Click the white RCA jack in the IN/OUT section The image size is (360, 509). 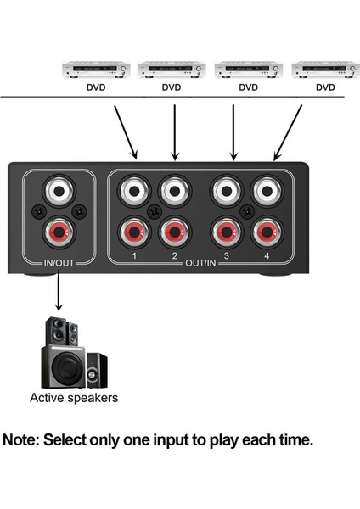click(x=59, y=188)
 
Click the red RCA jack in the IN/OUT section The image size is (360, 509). click(x=59, y=231)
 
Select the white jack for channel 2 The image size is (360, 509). click(x=174, y=188)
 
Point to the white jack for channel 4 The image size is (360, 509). click(x=265, y=188)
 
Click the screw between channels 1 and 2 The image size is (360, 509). click(x=155, y=210)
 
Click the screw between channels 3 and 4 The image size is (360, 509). click(x=246, y=210)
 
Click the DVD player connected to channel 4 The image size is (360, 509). click(x=324, y=70)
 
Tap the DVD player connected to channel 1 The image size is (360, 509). click(x=95, y=70)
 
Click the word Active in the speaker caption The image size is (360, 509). click(x=47, y=397)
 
